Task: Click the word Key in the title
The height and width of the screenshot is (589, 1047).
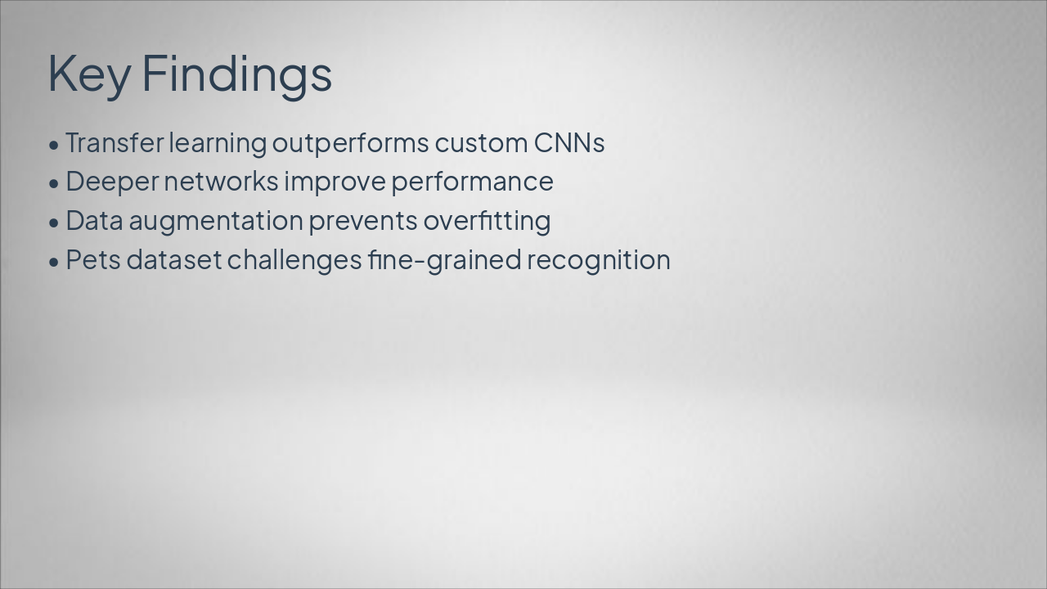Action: [x=89, y=74]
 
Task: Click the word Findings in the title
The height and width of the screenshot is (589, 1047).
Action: [x=236, y=74]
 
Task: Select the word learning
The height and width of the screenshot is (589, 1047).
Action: [x=218, y=143]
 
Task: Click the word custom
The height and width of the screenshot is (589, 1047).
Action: [x=482, y=143]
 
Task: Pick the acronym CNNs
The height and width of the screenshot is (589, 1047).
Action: [x=569, y=143]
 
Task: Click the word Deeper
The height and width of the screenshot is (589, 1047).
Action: [x=113, y=182]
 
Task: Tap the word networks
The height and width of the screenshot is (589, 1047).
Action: [x=222, y=182]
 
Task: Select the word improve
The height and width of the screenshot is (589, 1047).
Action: [x=335, y=182]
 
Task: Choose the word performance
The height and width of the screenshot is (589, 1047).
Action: [x=473, y=182]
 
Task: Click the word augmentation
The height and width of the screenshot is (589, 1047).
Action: [x=216, y=221]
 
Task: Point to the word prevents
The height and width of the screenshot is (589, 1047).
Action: [x=363, y=222]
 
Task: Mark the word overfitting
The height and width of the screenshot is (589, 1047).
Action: [x=487, y=221]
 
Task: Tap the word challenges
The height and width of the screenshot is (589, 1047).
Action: [x=294, y=261]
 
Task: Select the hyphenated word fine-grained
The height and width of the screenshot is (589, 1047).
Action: [x=444, y=261]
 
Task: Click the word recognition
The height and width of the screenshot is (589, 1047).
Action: [x=599, y=261]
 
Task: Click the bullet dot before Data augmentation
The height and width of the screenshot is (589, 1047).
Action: [x=54, y=223]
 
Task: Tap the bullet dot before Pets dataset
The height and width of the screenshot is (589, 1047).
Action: [x=54, y=263]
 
